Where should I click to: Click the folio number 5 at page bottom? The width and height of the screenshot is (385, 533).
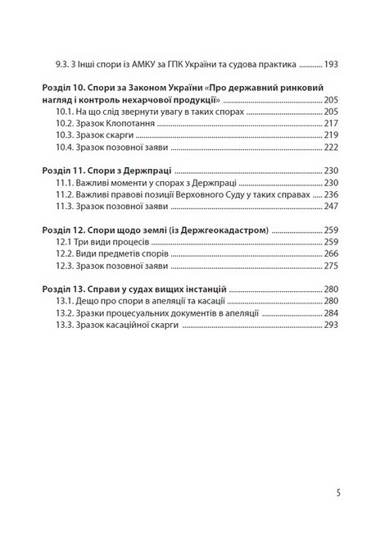tap(338, 494)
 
